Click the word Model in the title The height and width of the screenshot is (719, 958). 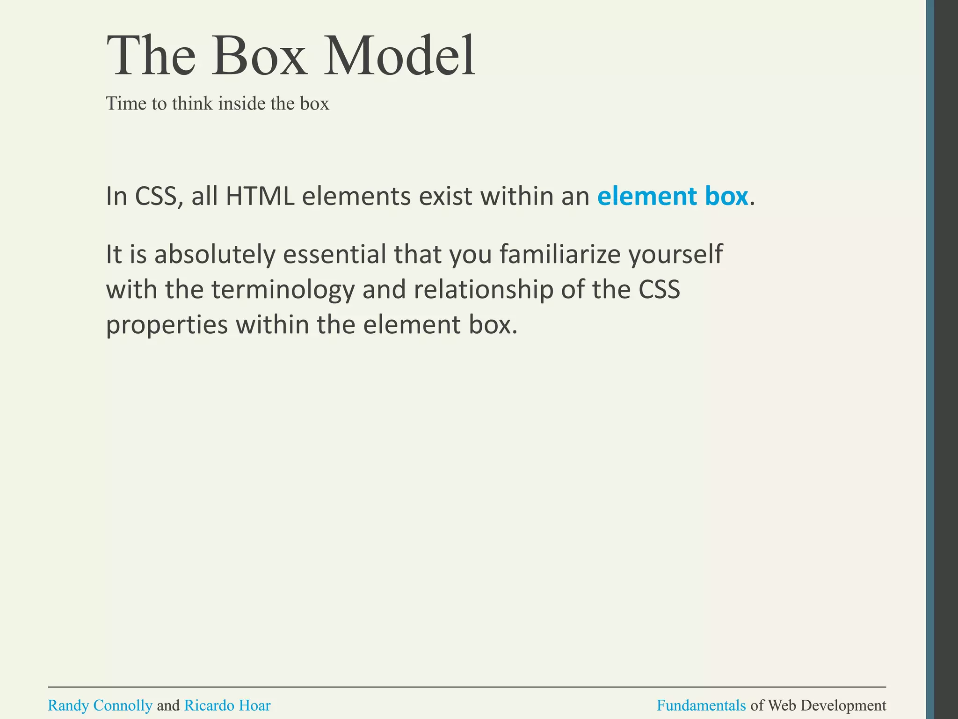click(x=399, y=56)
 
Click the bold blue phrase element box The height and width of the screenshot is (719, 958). click(x=672, y=196)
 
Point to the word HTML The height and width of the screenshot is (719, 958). click(x=260, y=196)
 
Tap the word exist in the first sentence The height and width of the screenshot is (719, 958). click(x=445, y=196)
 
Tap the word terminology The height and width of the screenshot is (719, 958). click(x=283, y=291)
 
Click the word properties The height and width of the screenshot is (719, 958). click(x=167, y=325)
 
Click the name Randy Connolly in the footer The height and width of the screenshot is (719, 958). click(x=100, y=705)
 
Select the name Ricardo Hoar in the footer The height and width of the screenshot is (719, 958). click(x=227, y=705)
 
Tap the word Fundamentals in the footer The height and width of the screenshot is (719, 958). click(x=701, y=705)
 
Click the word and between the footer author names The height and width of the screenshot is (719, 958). click(x=168, y=705)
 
